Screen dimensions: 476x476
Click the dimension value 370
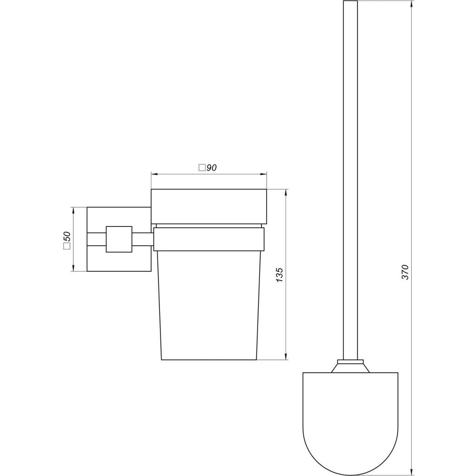pyautogui.click(x=405, y=271)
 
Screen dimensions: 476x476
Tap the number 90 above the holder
pyautogui.click(x=212, y=168)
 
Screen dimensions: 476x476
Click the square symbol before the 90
pyautogui.click(x=202, y=168)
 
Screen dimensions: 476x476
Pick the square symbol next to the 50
pyautogui.click(x=67, y=246)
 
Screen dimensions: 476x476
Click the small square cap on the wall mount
pyautogui.click(x=119, y=239)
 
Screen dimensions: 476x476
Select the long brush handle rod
pyautogui.click(x=350, y=181)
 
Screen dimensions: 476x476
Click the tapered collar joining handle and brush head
pyautogui.click(x=350, y=366)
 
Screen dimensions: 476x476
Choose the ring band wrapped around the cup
pyautogui.click(x=208, y=239)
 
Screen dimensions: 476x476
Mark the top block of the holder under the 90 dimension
pyautogui.click(x=208, y=206)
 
